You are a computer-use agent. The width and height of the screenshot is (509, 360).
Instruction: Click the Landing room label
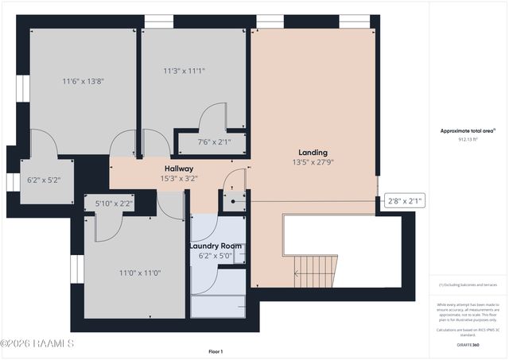tap(313, 152)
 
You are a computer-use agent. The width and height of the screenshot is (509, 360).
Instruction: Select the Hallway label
tap(179, 168)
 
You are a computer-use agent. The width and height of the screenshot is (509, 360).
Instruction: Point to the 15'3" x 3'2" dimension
tap(179, 178)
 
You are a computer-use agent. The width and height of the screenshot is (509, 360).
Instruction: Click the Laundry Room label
tap(215, 246)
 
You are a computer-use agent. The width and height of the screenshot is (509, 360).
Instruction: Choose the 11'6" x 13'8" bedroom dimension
tap(84, 80)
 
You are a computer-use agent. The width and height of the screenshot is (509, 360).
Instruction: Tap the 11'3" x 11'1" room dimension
tap(184, 70)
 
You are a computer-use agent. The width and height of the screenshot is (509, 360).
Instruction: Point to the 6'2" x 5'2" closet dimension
tap(43, 180)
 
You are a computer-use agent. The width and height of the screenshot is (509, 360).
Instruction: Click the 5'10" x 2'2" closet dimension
tap(115, 203)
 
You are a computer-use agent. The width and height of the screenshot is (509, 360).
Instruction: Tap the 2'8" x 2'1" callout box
tap(405, 201)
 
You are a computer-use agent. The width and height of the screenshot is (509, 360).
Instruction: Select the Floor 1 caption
tap(216, 351)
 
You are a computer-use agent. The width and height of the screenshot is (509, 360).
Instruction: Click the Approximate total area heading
tap(468, 130)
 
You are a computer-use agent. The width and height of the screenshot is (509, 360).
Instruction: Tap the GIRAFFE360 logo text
tap(468, 345)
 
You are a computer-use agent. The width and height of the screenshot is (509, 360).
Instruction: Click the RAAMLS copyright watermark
tap(37, 343)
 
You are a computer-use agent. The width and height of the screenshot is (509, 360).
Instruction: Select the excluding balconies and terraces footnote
tap(468, 285)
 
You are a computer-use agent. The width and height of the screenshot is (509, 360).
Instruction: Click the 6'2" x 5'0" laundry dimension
tap(215, 255)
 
